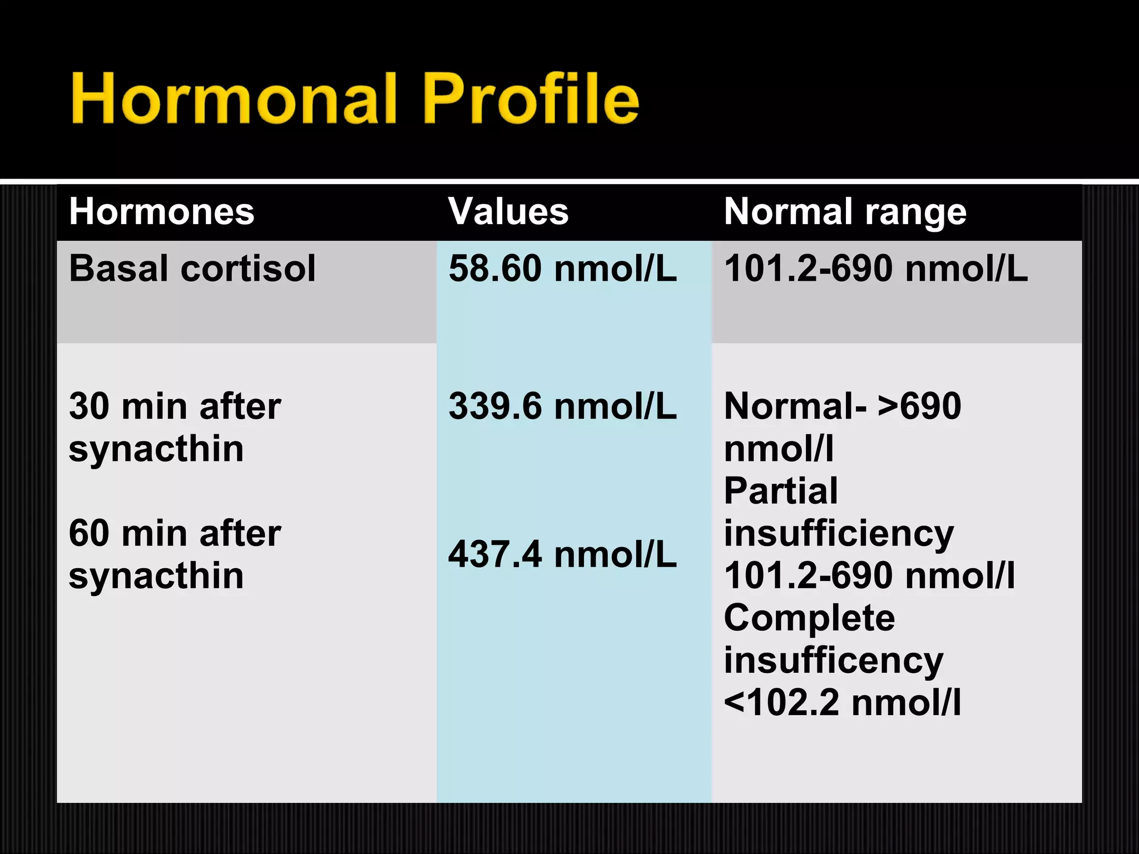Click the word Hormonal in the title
pyautogui.click(x=234, y=99)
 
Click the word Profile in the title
pyautogui.click(x=531, y=99)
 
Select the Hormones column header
pyautogui.click(x=161, y=212)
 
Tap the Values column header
pyautogui.click(x=508, y=212)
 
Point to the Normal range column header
pyautogui.click(x=845, y=212)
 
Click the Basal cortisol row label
pyautogui.click(x=192, y=269)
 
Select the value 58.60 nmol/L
pyautogui.click(x=562, y=269)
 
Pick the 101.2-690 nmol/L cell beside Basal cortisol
pyautogui.click(x=875, y=269)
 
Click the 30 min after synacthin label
pyautogui.click(x=175, y=427)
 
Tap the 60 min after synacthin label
pyautogui.click(x=175, y=554)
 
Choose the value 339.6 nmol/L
pyautogui.click(x=562, y=406)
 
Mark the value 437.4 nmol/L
pyautogui.click(x=562, y=555)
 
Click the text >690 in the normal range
pyautogui.click(x=919, y=406)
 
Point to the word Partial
pyautogui.click(x=780, y=491)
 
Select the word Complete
pyautogui.click(x=809, y=618)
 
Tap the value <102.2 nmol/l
pyautogui.click(x=842, y=703)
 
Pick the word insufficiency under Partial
pyautogui.click(x=839, y=534)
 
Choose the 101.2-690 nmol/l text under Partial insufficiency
pyautogui.click(x=869, y=575)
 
